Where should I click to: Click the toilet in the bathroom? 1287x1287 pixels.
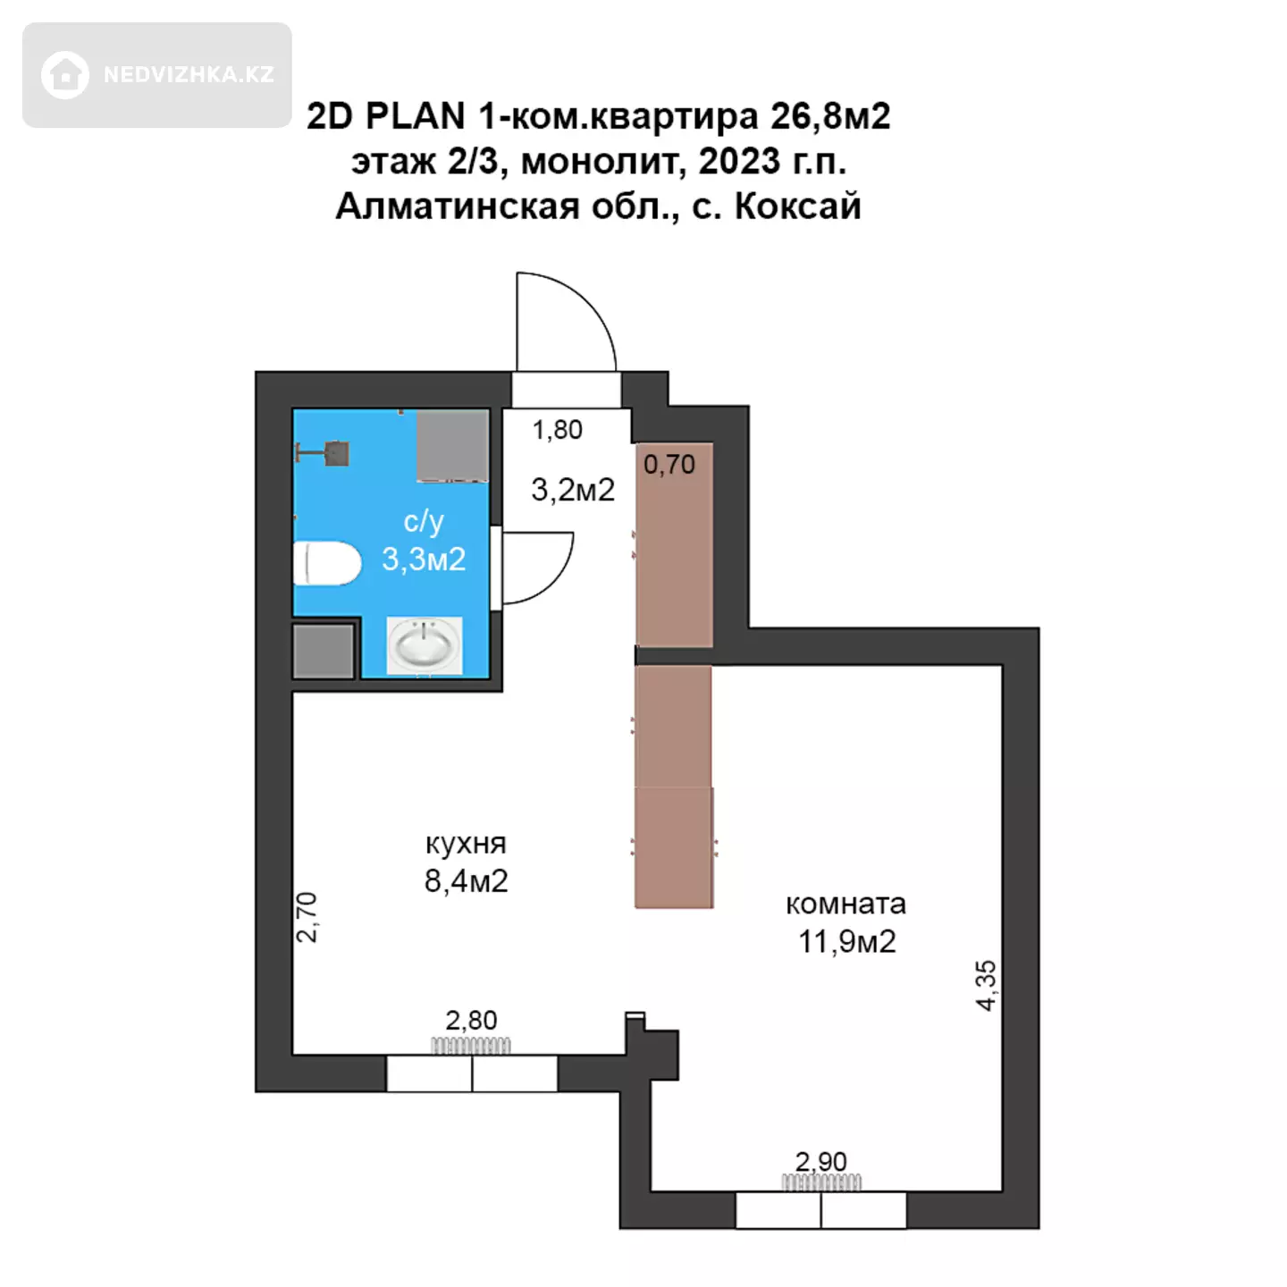(x=326, y=563)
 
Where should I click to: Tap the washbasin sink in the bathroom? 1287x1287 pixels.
(x=425, y=645)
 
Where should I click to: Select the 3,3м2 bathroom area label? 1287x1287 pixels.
(x=424, y=559)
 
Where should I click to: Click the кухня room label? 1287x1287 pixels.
(x=467, y=844)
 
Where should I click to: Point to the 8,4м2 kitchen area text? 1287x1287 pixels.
(x=467, y=881)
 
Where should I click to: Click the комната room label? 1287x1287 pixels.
(x=845, y=904)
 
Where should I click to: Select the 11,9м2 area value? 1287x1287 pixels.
(x=847, y=941)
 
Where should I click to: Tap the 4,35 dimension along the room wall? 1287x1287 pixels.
(x=986, y=986)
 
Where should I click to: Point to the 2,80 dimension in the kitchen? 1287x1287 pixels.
(x=471, y=1020)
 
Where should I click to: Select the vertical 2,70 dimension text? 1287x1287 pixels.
(x=307, y=917)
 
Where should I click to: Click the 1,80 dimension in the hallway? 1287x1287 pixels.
(x=557, y=429)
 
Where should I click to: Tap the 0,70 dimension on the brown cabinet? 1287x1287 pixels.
(x=669, y=464)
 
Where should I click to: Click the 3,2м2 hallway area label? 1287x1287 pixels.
(x=572, y=491)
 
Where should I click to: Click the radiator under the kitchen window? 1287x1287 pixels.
(x=470, y=1046)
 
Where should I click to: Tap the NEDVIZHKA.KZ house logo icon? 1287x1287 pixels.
(x=64, y=75)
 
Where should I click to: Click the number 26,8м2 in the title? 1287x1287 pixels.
(x=830, y=117)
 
